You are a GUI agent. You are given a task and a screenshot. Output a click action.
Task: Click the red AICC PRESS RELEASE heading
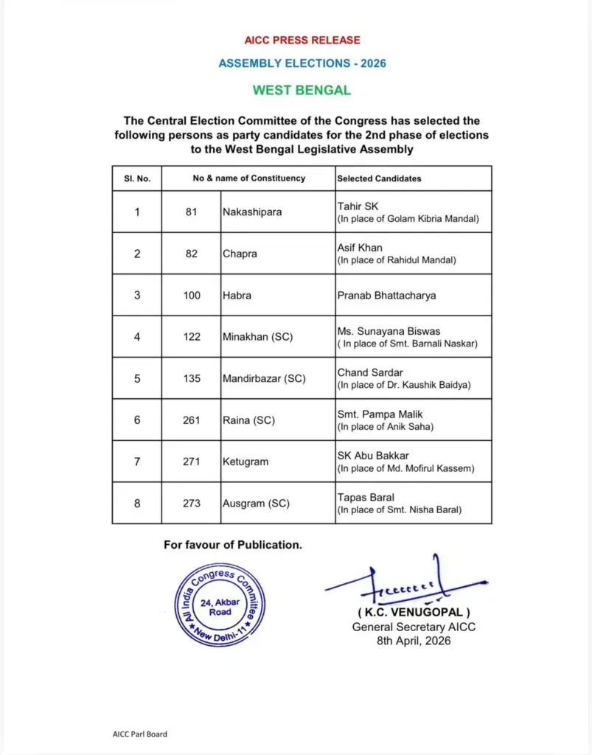tap(302, 40)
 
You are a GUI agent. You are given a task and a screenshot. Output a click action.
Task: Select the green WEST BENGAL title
tap(302, 91)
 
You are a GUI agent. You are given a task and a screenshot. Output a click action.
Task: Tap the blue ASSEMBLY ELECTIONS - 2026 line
tap(302, 63)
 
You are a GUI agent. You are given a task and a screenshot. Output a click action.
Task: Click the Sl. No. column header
tap(136, 178)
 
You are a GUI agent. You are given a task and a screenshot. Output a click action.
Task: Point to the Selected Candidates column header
tap(379, 178)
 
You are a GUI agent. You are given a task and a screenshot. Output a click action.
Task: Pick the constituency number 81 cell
tap(192, 212)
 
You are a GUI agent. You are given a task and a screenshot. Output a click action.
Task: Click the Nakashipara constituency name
tap(252, 212)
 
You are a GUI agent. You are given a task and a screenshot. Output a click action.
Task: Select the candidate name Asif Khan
tap(361, 248)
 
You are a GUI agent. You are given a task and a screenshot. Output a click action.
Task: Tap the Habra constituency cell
tap(237, 296)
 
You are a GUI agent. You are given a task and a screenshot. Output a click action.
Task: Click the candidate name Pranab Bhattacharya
tap(386, 296)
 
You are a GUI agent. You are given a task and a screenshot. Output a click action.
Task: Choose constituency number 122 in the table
tap(192, 337)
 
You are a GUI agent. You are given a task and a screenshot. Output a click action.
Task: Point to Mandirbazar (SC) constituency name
tap(264, 379)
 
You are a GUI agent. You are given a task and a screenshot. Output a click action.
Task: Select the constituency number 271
tap(192, 462)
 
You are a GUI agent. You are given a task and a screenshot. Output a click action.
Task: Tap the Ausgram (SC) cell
tap(256, 504)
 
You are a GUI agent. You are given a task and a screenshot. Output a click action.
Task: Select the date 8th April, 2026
tap(413, 641)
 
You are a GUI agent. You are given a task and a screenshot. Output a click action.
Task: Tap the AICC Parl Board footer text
tap(135, 734)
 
